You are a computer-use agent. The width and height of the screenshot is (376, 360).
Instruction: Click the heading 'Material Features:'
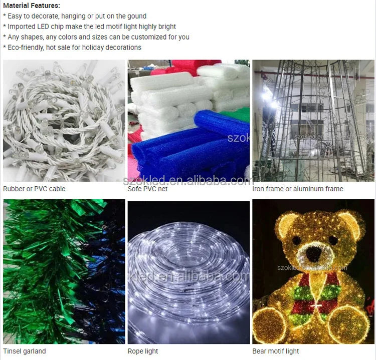(32, 6)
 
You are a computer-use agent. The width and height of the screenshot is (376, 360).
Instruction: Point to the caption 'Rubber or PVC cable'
(34, 189)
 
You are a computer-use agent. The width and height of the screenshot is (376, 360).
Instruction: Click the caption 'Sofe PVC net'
(147, 189)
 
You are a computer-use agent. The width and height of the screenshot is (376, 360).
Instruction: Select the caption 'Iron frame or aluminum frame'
(298, 189)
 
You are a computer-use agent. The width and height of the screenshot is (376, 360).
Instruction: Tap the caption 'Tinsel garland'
(25, 351)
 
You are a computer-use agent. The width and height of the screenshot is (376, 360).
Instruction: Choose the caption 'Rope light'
(143, 351)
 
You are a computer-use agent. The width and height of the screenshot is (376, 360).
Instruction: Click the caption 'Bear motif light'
(276, 351)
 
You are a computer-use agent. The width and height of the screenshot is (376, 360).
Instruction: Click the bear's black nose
(314, 254)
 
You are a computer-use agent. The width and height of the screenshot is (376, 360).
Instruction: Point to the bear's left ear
(287, 224)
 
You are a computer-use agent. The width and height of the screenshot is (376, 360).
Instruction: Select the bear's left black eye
(296, 239)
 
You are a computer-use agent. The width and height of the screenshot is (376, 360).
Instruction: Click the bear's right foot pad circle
(349, 324)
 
